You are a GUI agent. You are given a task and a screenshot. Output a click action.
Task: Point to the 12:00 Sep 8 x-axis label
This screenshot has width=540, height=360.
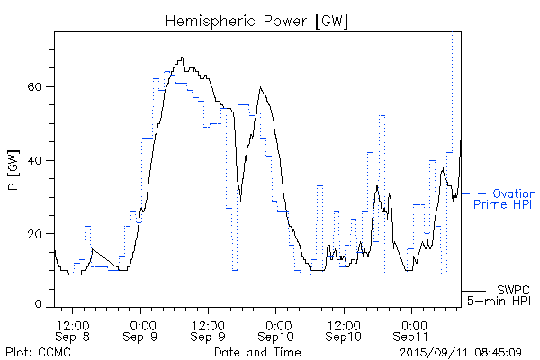coord(73,329)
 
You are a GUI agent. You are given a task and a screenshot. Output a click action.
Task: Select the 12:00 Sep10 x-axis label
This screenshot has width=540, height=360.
coord(344,329)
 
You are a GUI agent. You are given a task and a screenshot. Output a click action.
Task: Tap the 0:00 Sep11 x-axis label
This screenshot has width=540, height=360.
coord(412,329)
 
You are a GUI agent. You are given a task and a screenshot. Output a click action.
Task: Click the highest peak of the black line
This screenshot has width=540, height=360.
coord(182,58)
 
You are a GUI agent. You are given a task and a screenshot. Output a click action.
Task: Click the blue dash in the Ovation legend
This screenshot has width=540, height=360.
coord(481,193)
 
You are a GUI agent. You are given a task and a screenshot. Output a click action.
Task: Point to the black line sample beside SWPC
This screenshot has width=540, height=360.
coord(474,291)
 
